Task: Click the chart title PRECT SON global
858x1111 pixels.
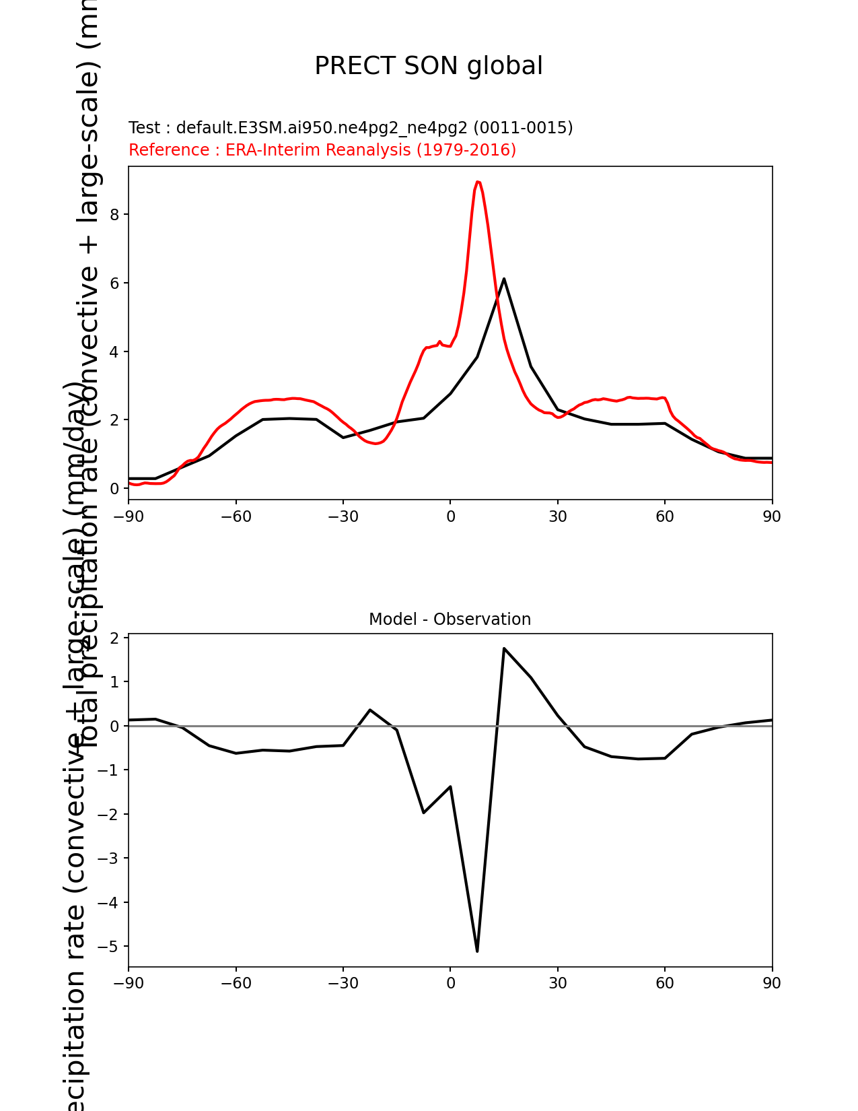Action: (429, 66)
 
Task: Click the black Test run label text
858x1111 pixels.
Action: (351, 128)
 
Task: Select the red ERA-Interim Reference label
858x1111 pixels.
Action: (322, 150)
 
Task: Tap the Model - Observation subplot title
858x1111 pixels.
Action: (450, 619)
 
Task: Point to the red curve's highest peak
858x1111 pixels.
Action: (477, 182)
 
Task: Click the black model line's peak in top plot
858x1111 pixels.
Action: (504, 279)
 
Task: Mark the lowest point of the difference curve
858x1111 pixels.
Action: (477, 951)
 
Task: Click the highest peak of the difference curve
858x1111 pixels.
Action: (504, 648)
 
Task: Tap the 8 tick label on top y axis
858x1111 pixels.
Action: (114, 215)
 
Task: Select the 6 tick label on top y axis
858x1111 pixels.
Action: (114, 283)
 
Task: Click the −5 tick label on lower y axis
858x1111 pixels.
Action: (108, 947)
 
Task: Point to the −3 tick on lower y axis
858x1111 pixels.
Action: (108, 858)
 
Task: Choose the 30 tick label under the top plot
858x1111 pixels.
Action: (557, 516)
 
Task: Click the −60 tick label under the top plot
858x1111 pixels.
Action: (236, 516)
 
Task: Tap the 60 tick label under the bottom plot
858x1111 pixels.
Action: (665, 984)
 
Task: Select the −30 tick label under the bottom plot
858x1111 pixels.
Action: (343, 984)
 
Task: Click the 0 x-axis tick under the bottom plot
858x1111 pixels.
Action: (450, 984)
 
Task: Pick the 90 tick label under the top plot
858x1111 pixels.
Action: (772, 516)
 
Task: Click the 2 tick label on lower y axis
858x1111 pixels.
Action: (114, 638)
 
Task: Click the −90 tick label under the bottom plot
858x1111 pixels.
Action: (129, 984)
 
